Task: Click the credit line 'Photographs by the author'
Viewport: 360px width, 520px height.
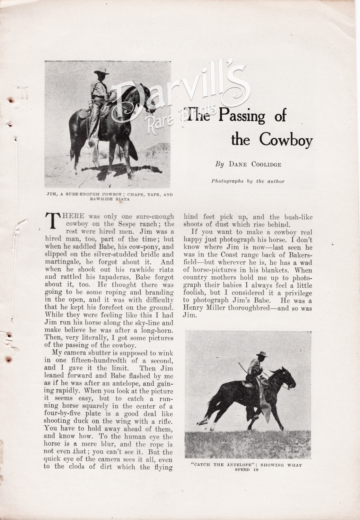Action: (247, 181)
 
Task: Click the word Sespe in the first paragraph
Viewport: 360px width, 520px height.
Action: (119, 224)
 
